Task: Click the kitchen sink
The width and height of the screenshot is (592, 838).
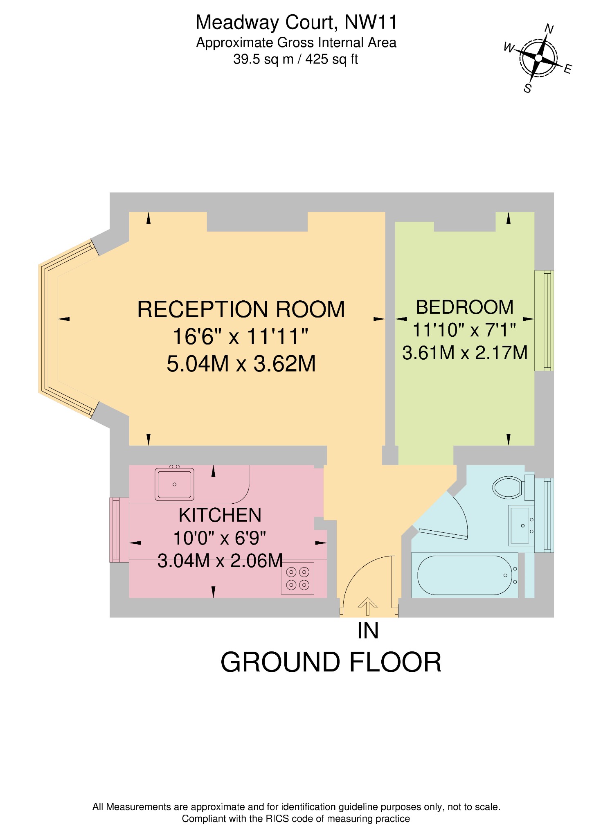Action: click(174, 484)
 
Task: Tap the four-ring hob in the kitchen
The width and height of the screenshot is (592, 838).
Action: click(297, 578)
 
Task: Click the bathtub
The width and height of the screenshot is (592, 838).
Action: click(464, 575)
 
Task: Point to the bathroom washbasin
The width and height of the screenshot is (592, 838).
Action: click(520, 525)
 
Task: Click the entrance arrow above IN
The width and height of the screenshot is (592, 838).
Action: click(367, 606)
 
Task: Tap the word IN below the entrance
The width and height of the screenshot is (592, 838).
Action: click(368, 631)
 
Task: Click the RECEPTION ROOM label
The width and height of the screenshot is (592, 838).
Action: click(241, 309)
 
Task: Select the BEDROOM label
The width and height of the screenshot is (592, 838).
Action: click(465, 307)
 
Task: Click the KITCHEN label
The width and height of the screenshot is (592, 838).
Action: click(220, 515)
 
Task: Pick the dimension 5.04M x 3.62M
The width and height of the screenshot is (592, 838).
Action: click(241, 364)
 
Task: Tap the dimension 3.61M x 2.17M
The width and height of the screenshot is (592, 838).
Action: click(465, 353)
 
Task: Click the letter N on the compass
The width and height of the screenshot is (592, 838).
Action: click(549, 29)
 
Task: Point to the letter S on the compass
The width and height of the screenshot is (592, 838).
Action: click(528, 88)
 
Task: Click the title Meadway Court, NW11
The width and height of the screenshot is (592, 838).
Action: click(296, 23)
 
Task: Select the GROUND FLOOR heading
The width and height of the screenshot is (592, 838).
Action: click(331, 662)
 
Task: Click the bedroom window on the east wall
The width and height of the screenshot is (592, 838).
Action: click(545, 320)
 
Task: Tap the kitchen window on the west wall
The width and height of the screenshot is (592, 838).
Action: click(119, 529)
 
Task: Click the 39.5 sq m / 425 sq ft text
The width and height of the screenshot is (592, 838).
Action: click(295, 60)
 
